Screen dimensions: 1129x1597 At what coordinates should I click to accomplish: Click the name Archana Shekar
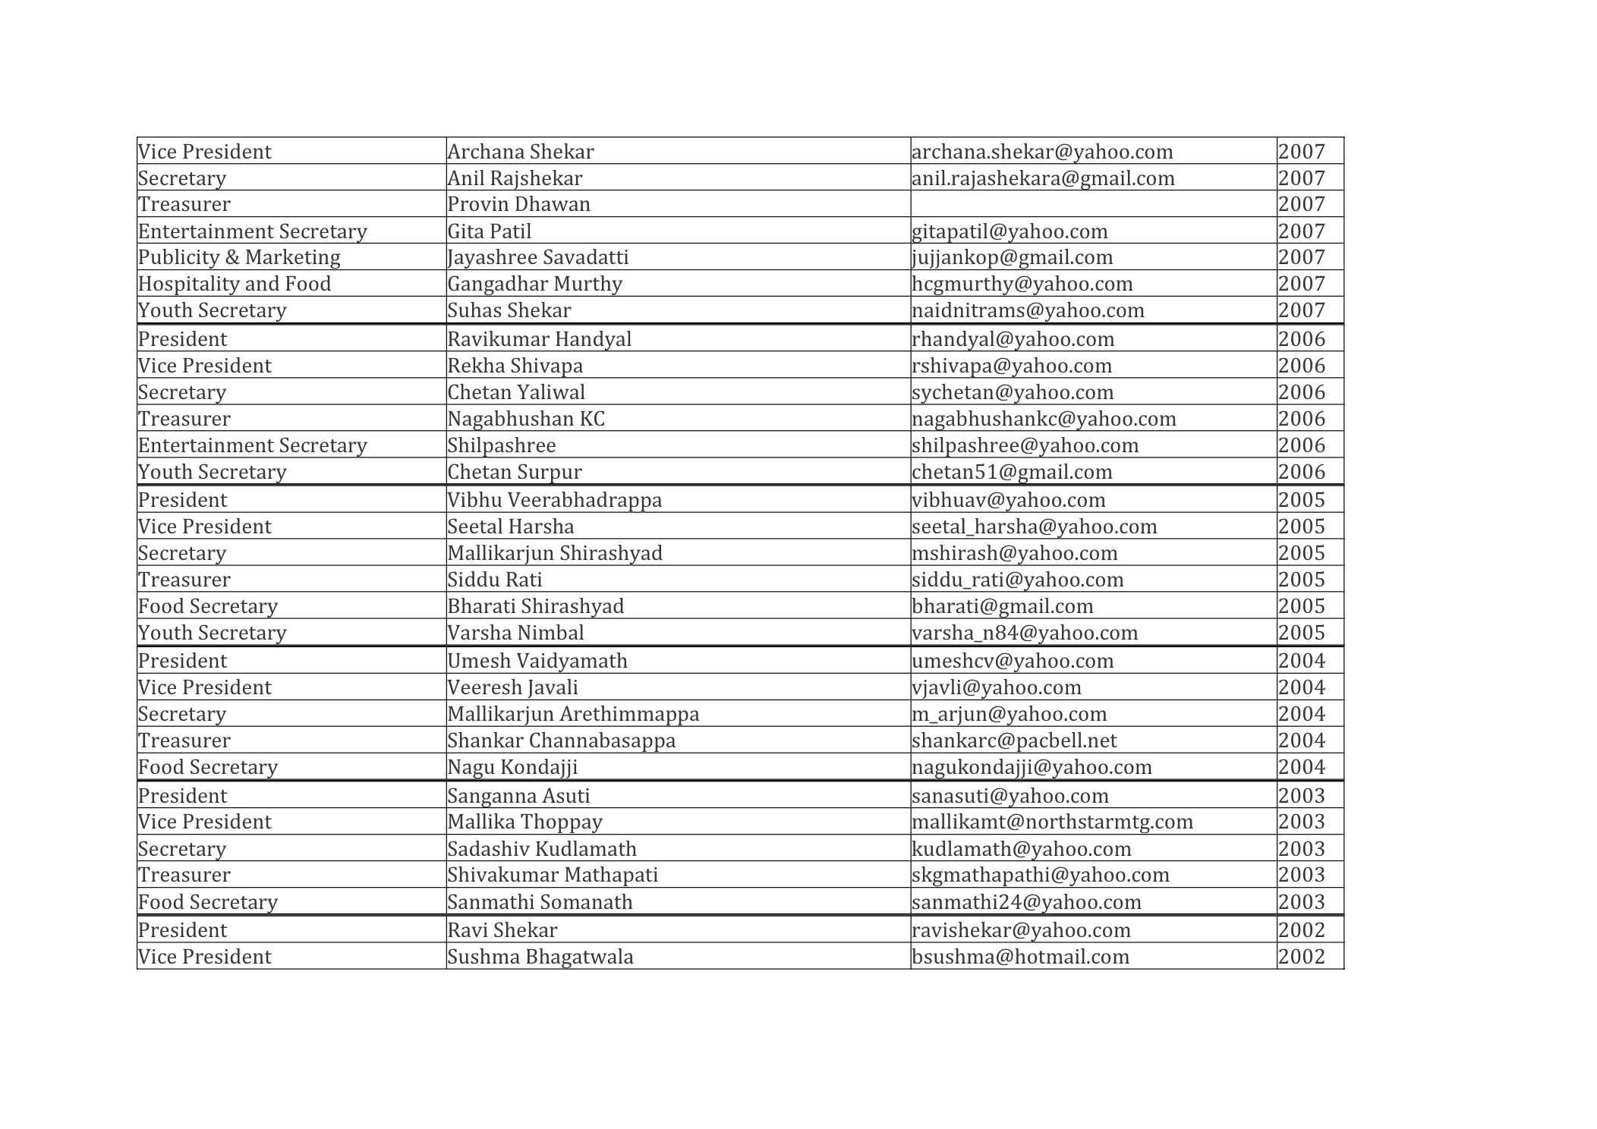[520, 152]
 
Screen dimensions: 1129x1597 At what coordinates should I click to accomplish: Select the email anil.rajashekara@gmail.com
[1042, 178]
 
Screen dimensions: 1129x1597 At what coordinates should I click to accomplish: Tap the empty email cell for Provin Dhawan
[1093, 204]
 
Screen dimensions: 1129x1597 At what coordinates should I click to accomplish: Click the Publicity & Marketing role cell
[239, 257]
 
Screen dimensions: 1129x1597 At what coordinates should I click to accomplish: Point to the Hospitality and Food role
[235, 284]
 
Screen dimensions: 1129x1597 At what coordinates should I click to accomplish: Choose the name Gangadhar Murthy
[534, 284]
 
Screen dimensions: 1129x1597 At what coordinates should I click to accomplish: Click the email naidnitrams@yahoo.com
[1028, 310]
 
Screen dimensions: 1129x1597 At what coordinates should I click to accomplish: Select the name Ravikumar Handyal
[539, 339]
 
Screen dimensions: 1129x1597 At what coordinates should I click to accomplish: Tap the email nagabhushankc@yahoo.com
[1044, 419]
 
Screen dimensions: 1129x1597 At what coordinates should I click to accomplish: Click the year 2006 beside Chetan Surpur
[1301, 472]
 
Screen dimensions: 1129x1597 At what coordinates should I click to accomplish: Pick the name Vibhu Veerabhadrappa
[554, 500]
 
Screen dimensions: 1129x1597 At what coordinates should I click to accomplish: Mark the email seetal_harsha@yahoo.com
[1034, 527]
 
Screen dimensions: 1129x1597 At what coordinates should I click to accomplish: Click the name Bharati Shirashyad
[535, 606]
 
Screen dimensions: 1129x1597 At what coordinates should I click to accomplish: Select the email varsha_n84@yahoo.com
[1025, 633]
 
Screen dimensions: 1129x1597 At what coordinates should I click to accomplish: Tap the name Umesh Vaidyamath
[537, 661]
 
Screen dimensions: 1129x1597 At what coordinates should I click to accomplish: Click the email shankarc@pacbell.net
[1014, 741]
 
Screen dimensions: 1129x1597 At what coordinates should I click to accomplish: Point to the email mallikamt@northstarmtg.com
[1052, 822]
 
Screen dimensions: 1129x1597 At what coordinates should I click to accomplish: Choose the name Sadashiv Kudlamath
[541, 849]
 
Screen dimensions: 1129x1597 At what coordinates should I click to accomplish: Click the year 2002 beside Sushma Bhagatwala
[1301, 957]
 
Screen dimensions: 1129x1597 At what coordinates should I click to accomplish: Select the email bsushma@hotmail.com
[1020, 957]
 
